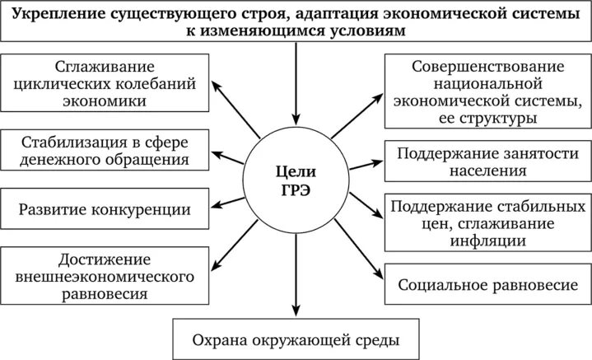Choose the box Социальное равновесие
tap(488, 285)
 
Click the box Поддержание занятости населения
tap(488, 162)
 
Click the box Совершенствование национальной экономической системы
tap(488, 91)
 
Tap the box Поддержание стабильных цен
tap(488, 223)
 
